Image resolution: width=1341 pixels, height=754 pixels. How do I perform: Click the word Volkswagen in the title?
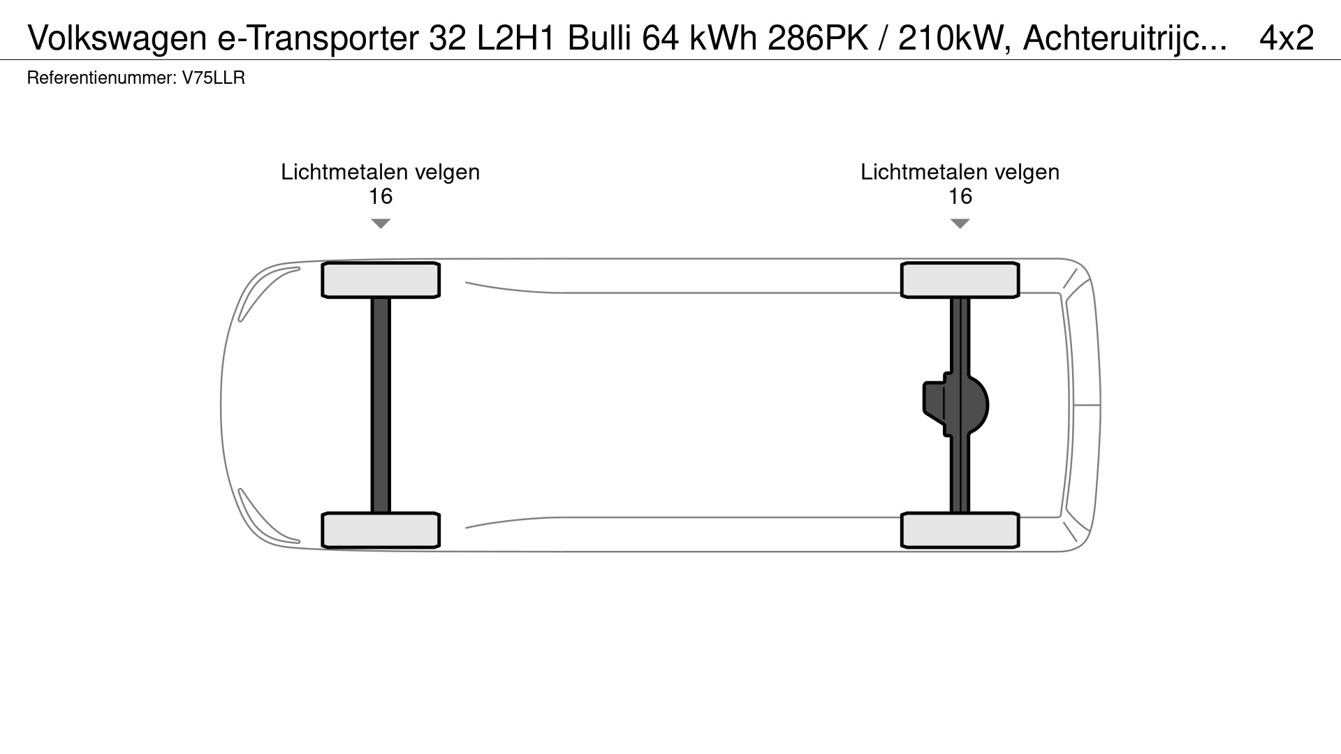point(117,38)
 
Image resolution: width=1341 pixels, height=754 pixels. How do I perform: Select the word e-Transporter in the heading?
point(318,38)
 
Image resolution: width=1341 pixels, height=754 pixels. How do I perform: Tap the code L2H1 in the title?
point(516,38)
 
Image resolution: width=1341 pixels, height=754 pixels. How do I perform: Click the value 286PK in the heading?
point(818,38)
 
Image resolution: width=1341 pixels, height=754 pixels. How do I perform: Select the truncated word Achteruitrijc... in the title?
point(1124,38)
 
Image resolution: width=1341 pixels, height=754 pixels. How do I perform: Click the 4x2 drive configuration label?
point(1287,38)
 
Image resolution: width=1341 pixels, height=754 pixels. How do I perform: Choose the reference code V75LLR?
point(214,78)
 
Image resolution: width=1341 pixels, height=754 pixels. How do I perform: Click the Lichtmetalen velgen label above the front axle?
point(380,172)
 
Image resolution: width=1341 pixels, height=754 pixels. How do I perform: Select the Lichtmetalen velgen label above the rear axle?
point(960,172)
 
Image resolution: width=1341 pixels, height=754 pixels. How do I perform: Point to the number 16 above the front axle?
point(380,197)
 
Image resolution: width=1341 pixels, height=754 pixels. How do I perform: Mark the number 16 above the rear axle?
point(960,197)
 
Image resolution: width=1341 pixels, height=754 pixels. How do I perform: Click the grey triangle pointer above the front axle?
point(380,223)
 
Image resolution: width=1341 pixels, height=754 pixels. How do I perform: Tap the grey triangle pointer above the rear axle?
point(960,223)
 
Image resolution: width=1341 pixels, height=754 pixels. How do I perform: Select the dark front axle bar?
point(380,405)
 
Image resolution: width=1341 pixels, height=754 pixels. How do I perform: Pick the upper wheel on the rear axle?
point(960,280)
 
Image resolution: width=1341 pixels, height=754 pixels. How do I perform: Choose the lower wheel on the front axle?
point(380,530)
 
